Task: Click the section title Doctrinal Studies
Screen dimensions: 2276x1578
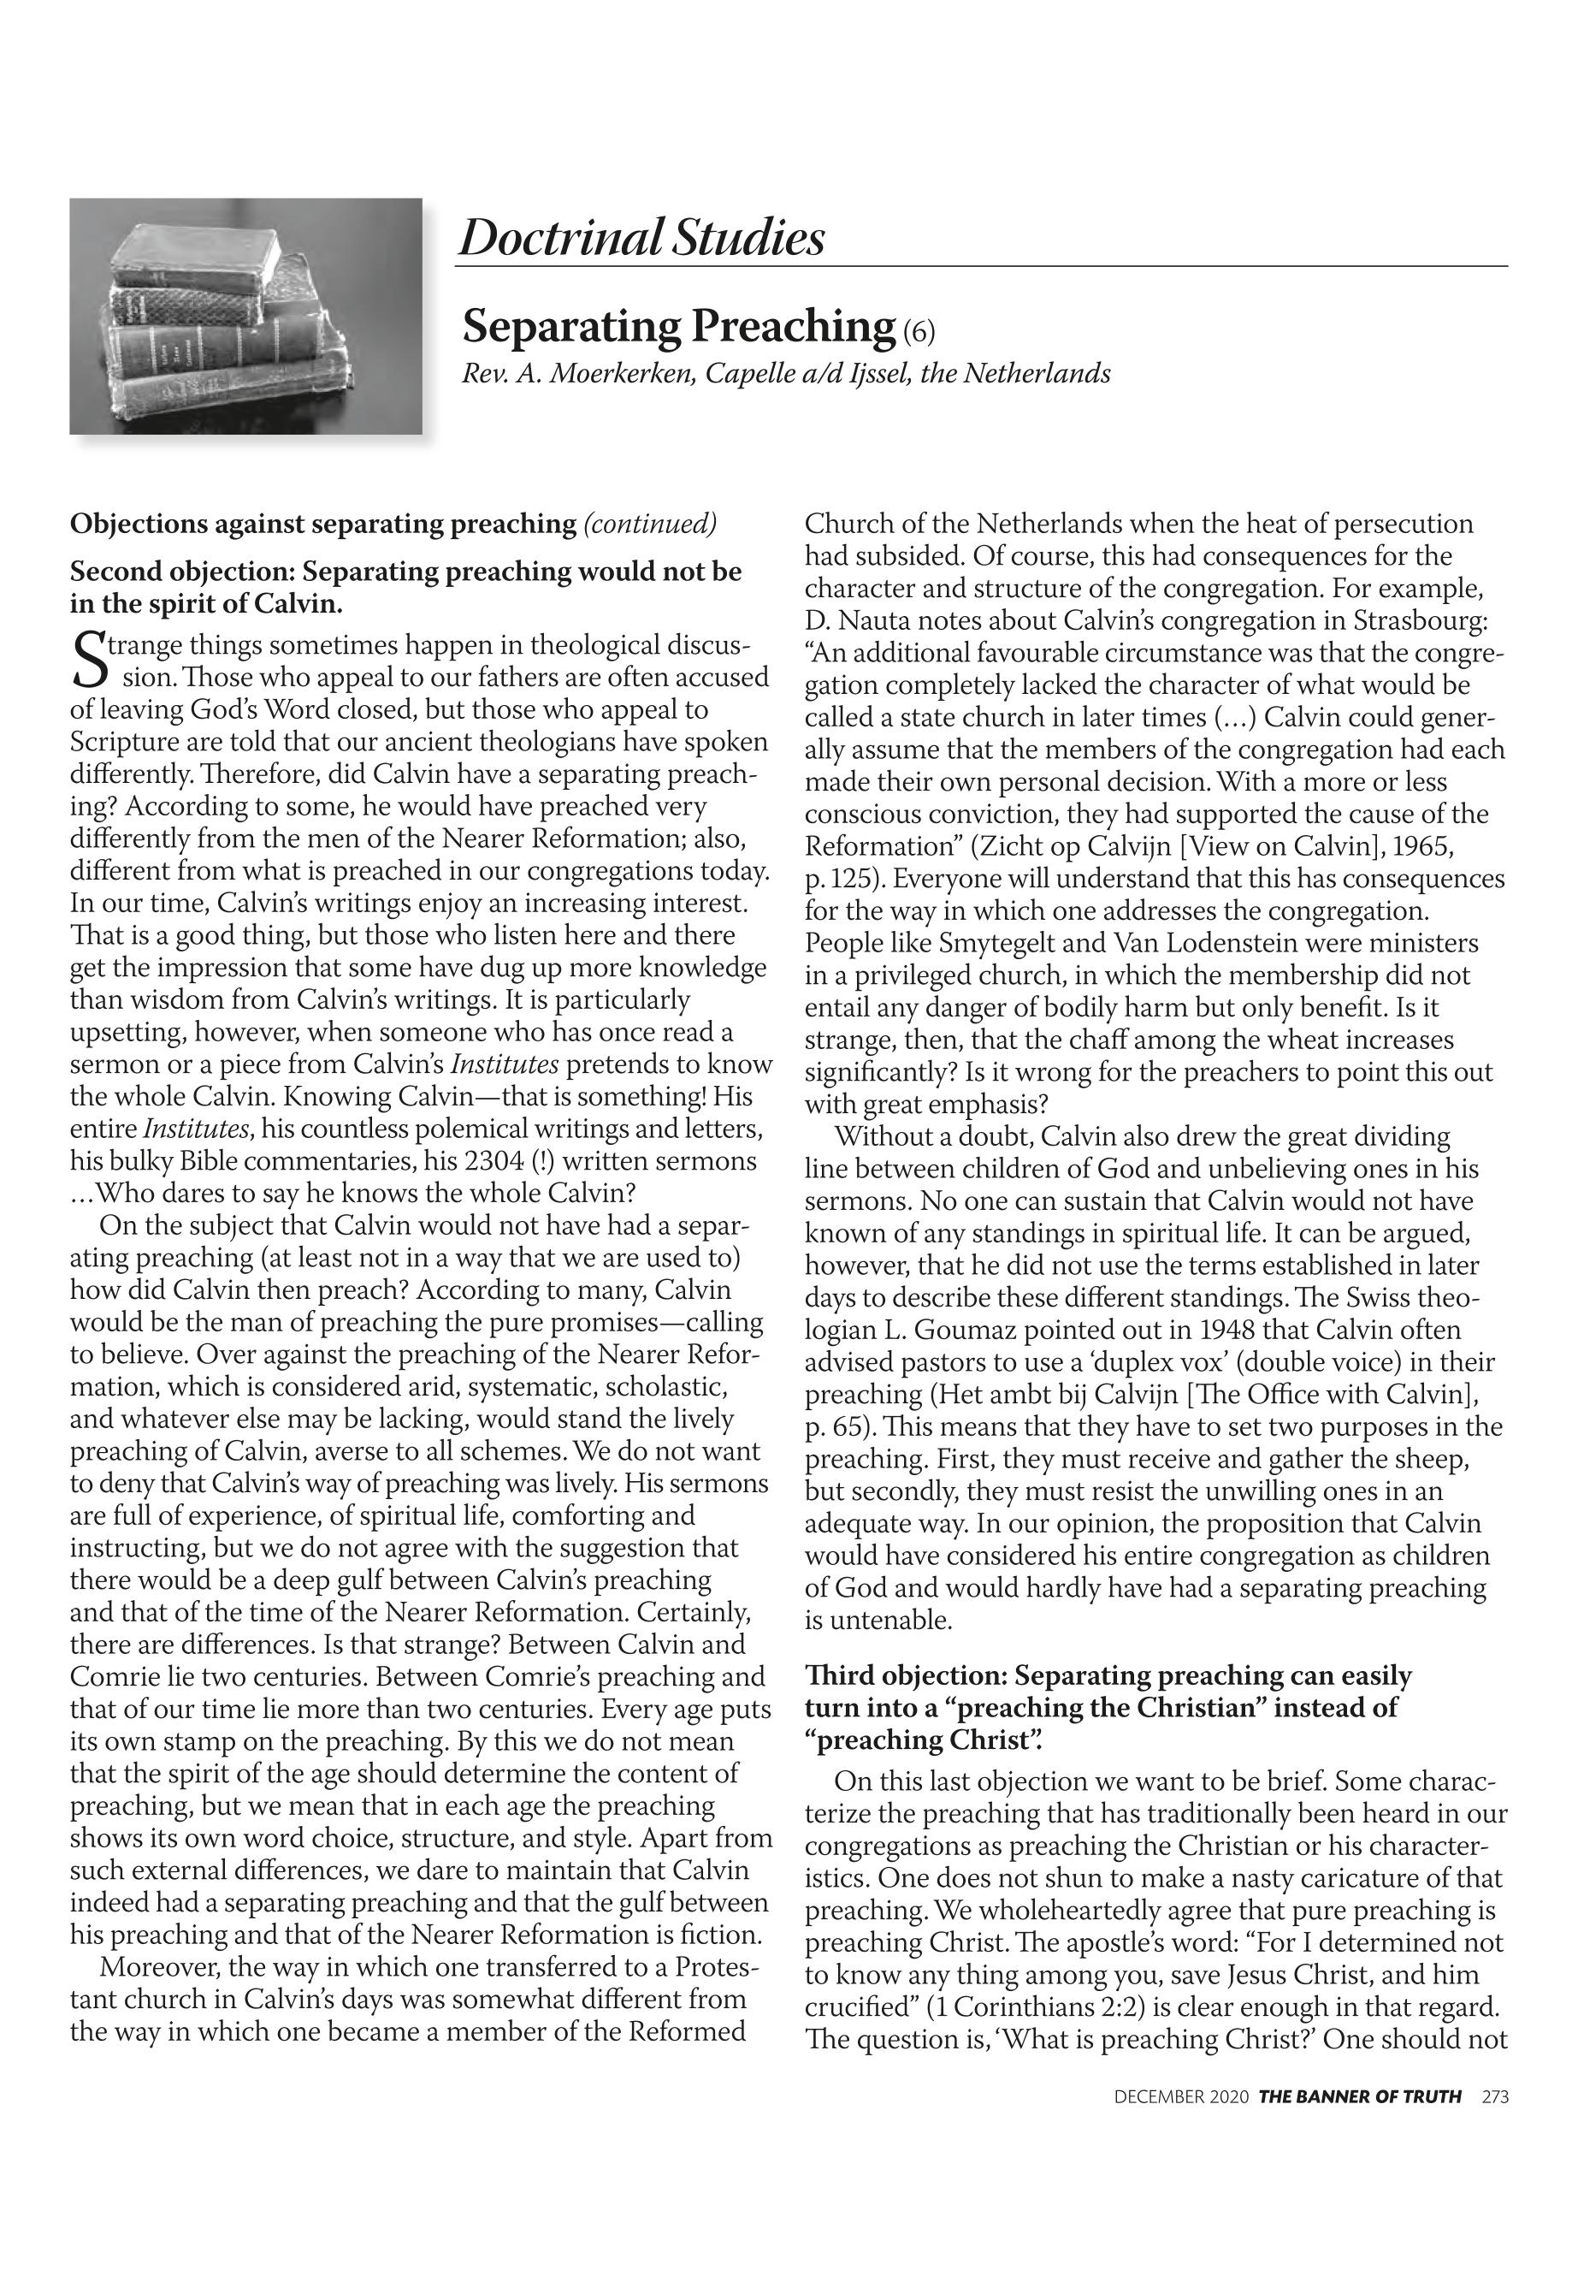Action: (x=641, y=239)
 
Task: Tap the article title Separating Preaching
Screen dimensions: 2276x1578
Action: (x=678, y=325)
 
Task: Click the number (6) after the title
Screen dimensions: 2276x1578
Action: (x=918, y=331)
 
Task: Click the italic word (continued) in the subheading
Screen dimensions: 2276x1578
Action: (x=650, y=524)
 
